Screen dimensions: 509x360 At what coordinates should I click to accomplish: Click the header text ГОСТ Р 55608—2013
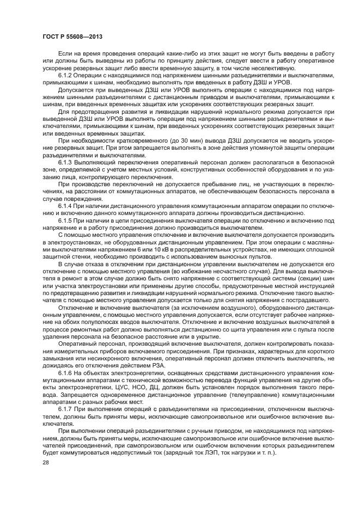pos(72,36)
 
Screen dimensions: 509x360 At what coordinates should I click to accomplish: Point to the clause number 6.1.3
pos(66,163)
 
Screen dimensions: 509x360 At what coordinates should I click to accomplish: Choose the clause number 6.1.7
pos(66,408)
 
